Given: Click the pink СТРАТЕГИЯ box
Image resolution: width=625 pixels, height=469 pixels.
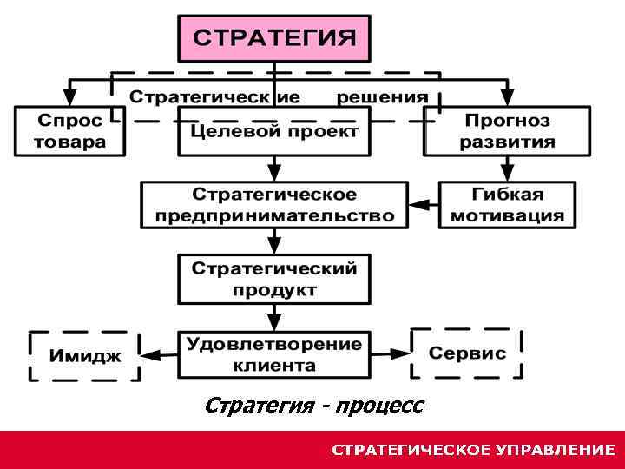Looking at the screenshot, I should pos(273,38).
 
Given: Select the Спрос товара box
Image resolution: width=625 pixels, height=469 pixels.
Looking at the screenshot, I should pos(70,130).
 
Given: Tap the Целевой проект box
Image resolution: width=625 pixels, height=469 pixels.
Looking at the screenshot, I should pos(273,132).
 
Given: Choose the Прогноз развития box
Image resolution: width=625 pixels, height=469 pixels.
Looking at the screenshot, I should pos(507,130).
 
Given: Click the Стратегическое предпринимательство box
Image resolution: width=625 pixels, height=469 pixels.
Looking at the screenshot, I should pos(273,205).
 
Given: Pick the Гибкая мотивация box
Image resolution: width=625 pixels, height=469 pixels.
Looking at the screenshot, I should pos(507,205).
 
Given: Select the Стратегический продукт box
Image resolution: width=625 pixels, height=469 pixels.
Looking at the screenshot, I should pos(273,278).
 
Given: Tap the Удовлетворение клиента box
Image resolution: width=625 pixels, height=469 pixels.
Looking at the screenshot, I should pos(273,354).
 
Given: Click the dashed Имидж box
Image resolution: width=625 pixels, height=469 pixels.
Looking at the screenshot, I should pos(84,355).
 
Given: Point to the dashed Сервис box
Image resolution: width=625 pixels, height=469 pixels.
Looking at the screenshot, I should pos(467,353).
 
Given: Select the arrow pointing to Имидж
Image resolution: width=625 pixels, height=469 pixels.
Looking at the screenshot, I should pos(158,354).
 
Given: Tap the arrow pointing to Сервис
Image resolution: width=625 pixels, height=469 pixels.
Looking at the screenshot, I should pos(390,353).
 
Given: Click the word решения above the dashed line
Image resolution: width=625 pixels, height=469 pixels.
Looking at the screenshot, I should pos(383,96).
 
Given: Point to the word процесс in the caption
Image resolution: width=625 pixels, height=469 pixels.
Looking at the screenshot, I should pos(379,406).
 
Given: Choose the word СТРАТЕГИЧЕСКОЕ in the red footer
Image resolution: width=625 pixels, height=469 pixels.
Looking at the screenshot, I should pos(411,450).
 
